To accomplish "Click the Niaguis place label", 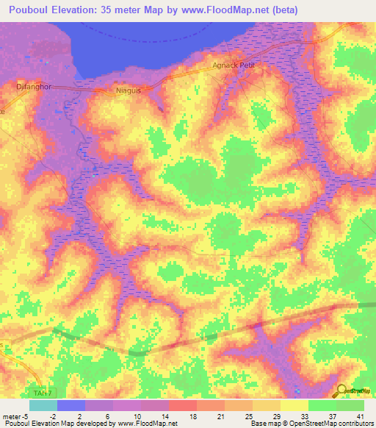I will click(128, 90).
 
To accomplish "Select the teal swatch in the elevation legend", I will click(43, 405).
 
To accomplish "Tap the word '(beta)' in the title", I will click(303, 8).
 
